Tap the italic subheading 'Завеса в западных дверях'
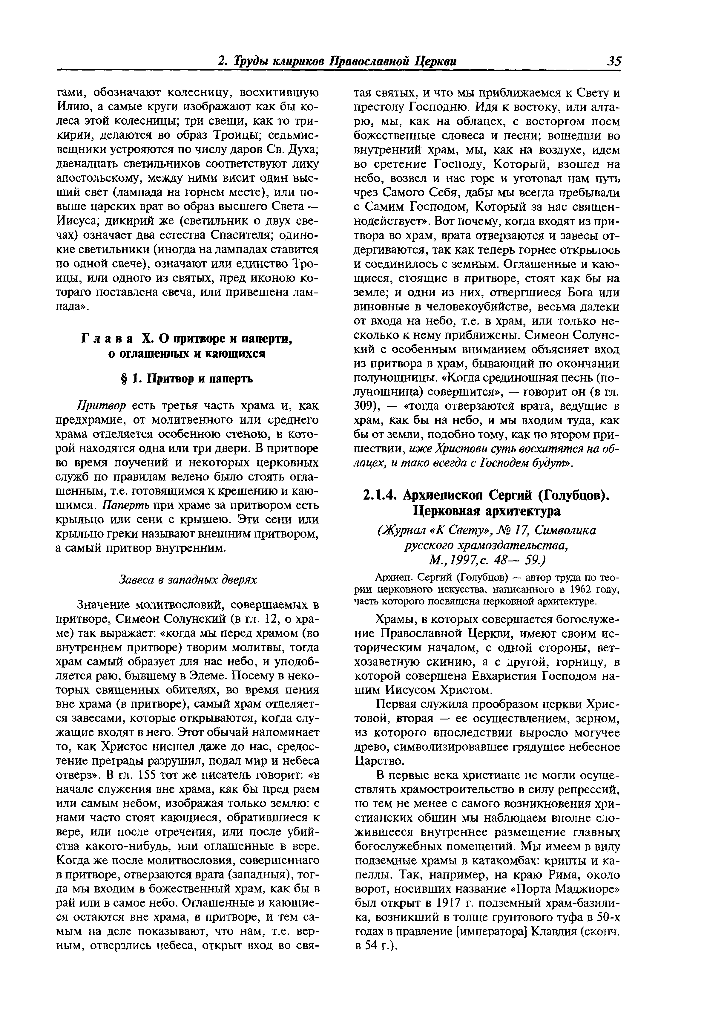pos(188,579)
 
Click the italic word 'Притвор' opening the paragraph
pos(102,405)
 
